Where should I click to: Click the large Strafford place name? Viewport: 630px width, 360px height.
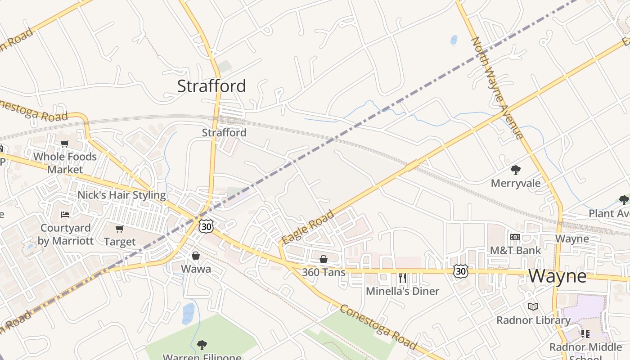click(211, 86)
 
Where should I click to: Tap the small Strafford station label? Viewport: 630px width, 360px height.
click(224, 133)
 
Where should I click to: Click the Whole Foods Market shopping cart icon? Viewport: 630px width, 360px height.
click(65, 144)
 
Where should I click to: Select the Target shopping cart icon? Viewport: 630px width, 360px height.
click(119, 229)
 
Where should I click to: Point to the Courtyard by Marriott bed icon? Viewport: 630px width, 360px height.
click(65, 214)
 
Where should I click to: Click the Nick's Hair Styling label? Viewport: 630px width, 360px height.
click(121, 195)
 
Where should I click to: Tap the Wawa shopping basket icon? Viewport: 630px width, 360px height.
click(196, 256)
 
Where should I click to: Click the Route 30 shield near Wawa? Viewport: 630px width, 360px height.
click(206, 226)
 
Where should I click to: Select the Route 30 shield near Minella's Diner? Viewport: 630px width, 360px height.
click(460, 271)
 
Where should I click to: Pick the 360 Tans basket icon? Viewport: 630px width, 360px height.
click(323, 259)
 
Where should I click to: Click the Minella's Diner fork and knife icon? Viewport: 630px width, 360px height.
click(402, 278)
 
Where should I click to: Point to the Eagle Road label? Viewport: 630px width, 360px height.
click(308, 227)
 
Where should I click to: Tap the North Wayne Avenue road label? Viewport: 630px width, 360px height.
click(497, 88)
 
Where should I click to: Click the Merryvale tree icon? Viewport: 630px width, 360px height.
click(515, 170)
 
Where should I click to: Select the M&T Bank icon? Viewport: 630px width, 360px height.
click(515, 237)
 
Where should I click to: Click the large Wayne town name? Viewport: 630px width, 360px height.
click(558, 276)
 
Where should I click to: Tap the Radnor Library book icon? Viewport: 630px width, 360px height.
click(533, 307)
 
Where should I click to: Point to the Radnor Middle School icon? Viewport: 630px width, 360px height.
click(585, 333)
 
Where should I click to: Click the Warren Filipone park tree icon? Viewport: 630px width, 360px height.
click(202, 345)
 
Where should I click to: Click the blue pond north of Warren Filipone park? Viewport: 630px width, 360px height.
click(188, 314)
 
